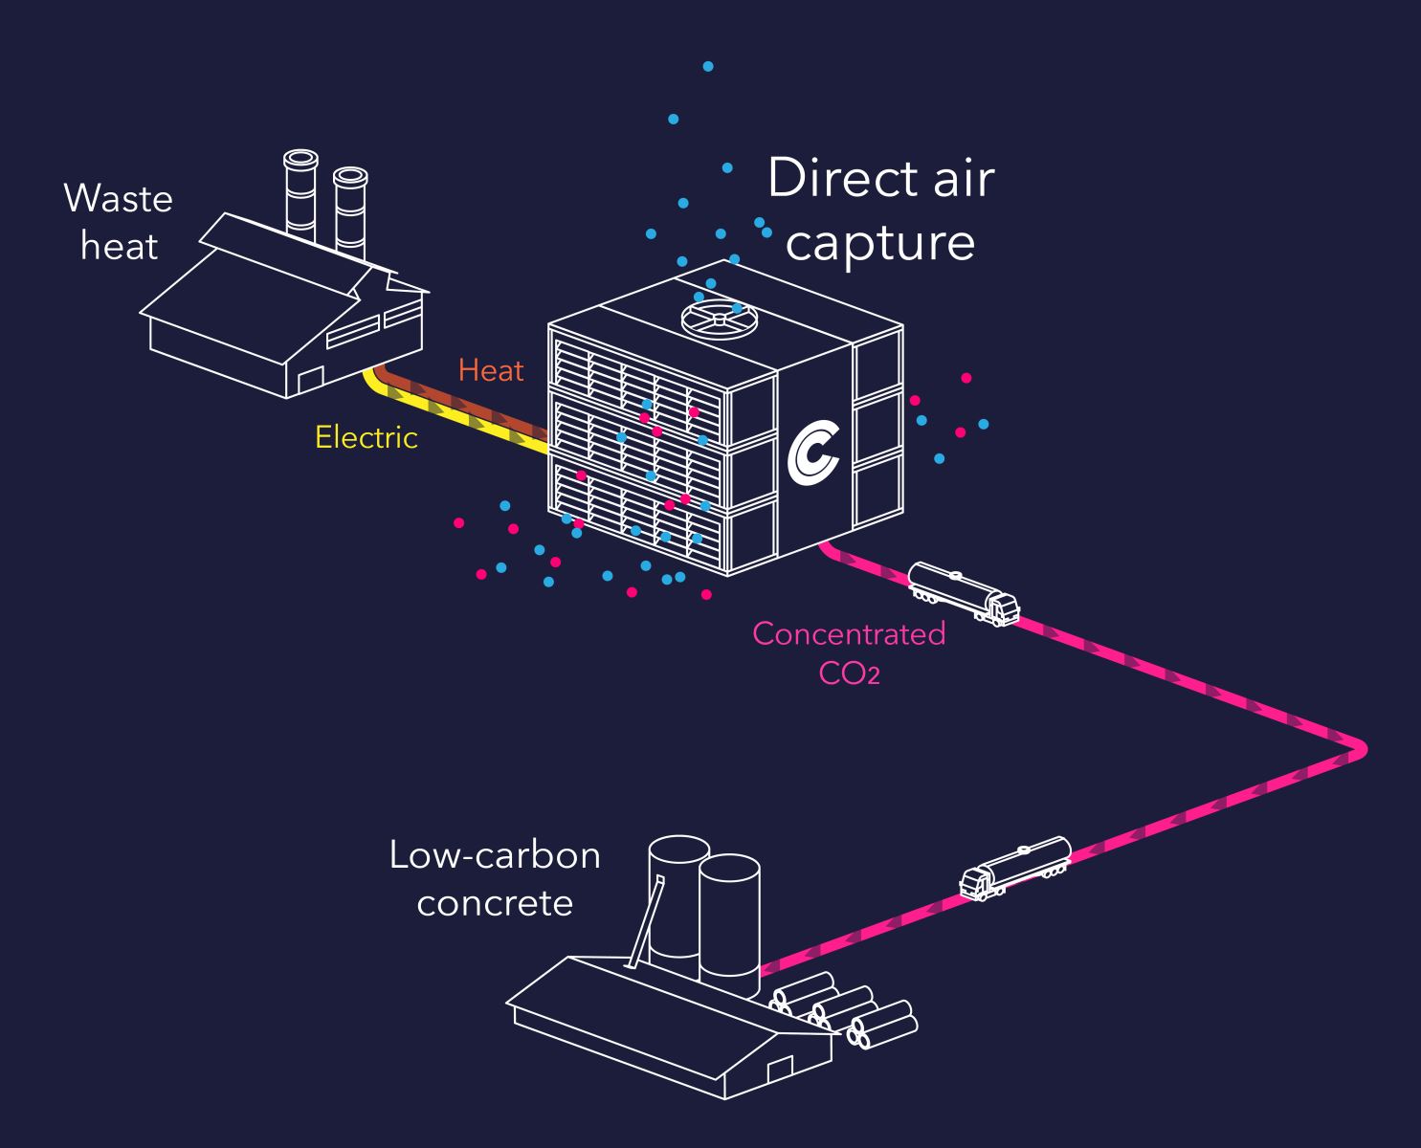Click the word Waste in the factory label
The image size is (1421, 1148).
point(119,199)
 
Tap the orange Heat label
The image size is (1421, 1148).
point(491,370)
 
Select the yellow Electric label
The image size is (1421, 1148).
point(366,437)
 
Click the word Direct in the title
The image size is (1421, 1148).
point(828,179)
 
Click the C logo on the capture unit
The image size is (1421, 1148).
point(813,450)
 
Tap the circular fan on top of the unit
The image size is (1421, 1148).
point(715,317)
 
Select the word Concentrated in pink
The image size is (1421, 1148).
point(849,633)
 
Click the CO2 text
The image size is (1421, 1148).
point(849,673)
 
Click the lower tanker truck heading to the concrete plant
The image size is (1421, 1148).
point(1014,868)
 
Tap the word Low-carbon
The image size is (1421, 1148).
point(495,854)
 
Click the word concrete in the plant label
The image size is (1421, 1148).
point(495,902)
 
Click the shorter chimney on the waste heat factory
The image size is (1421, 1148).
point(350,212)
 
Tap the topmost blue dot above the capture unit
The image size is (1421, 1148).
point(708,67)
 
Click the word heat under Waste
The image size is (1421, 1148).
point(119,247)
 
